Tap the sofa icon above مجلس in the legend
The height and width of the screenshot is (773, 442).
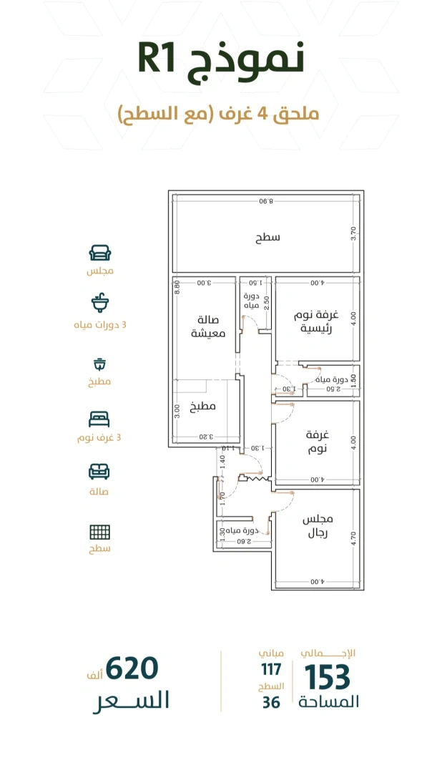pyautogui.click(x=100, y=253)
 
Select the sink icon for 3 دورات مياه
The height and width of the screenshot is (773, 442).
pyautogui.click(x=100, y=303)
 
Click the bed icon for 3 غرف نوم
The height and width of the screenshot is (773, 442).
pyautogui.click(x=99, y=419)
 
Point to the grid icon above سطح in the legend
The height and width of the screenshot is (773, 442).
pyautogui.click(x=99, y=532)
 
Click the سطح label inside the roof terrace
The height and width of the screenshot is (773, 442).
pyautogui.click(x=267, y=237)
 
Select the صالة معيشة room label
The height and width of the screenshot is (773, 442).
pyautogui.click(x=208, y=327)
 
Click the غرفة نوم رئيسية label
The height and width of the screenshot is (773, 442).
pyautogui.click(x=316, y=321)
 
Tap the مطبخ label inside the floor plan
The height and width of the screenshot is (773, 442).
pyautogui.click(x=202, y=407)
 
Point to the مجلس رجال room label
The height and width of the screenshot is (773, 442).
pyautogui.click(x=318, y=526)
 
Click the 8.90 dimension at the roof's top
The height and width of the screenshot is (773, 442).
pyautogui.click(x=265, y=201)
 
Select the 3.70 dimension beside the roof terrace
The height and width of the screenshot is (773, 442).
pyautogui.click(x=353, y=233)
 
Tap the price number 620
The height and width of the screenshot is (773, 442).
pyautogui.click(x=132, y=669)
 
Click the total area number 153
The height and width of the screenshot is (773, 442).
pyautogui.click(x=327, y=677)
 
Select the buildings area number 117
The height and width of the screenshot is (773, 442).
pyautogui.click(x=271, y=669)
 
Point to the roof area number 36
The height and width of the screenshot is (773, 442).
pyautogui.click(x=271, y=702)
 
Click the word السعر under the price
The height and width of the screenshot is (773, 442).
pyautogui.click(x=131, y=701)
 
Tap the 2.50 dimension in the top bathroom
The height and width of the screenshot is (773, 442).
pyautogui.click(x=267, y=303)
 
